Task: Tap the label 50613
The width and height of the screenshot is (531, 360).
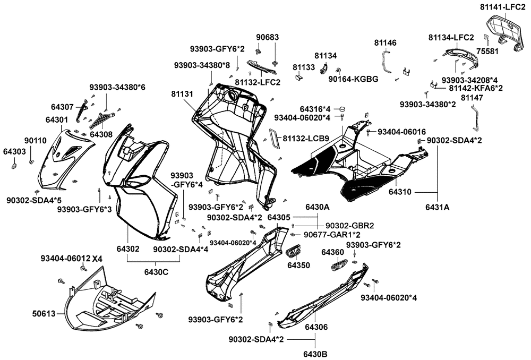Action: coord(44,314)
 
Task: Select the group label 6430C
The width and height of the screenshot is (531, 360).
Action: coord(156,272)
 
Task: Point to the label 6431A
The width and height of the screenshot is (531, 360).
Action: coord(438,207)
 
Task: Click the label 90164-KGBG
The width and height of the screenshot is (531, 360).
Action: coord(353,79)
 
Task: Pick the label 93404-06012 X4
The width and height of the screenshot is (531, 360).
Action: coord(72,259)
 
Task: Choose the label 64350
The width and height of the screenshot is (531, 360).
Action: coord(298,265)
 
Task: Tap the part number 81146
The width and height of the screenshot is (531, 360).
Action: coord(385,42)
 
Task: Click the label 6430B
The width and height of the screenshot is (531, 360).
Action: coord(315,354)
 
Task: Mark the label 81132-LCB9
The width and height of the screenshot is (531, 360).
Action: coord(306,138)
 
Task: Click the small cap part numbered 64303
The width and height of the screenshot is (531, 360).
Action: coord(14,166)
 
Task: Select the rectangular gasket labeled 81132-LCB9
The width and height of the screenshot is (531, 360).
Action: coord(275,139)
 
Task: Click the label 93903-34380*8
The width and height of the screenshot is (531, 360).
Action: coord(202,65)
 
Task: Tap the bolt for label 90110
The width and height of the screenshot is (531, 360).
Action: coord(31,162)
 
